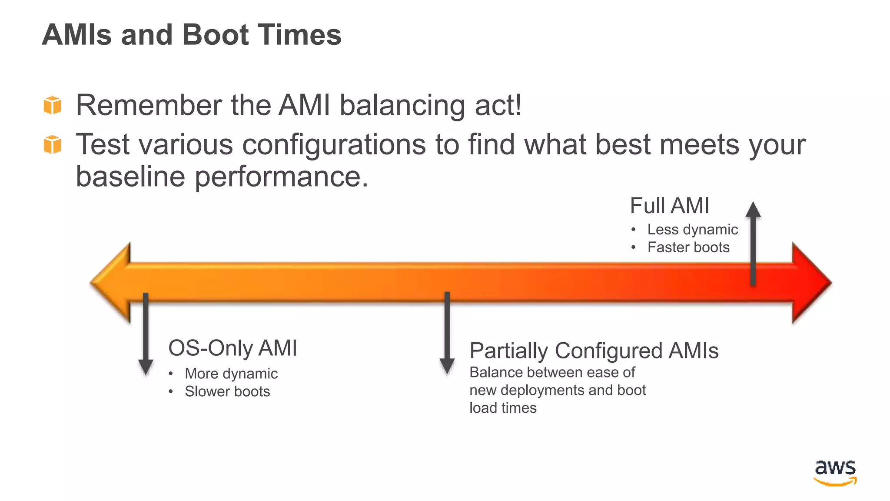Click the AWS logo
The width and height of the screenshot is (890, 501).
(835, 472)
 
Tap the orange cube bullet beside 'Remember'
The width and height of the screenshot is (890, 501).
(53, 106)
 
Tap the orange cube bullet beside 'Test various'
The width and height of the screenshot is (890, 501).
(53, 144)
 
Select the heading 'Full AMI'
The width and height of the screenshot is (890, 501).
(669, 206)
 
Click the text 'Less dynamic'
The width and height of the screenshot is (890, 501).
(692, 229)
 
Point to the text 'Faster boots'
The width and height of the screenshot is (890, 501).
(688, 247)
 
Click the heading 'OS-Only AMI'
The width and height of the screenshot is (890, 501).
(232, 348)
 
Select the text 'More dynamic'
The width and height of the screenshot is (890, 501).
(231, 374)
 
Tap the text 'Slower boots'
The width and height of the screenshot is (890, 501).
(227, 391)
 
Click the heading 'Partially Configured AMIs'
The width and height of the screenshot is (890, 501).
(594, 351)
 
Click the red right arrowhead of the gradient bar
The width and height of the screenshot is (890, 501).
(811, 283)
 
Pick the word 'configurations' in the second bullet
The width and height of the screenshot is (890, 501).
(334, 144)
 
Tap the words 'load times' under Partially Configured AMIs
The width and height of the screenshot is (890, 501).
(503, 408)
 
